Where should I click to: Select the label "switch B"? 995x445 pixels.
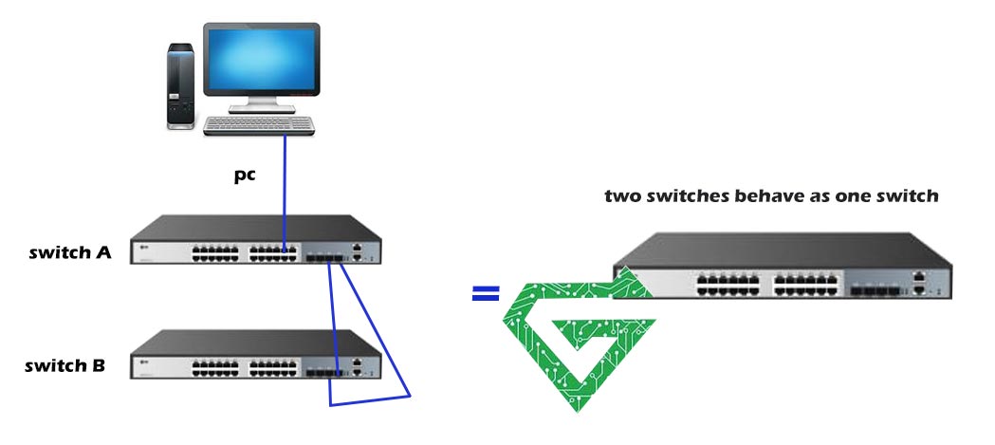coord(65,366)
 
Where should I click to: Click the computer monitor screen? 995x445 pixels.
coord(260,60)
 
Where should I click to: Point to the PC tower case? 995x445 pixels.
coord(180,84)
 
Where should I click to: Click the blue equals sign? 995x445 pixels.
coord(485,295)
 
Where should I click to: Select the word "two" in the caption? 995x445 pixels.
coord(624,197)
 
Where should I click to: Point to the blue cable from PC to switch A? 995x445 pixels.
coord(285,190)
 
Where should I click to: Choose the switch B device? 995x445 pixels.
coord(257,356)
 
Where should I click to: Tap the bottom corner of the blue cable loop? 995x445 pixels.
coord(330,405)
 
